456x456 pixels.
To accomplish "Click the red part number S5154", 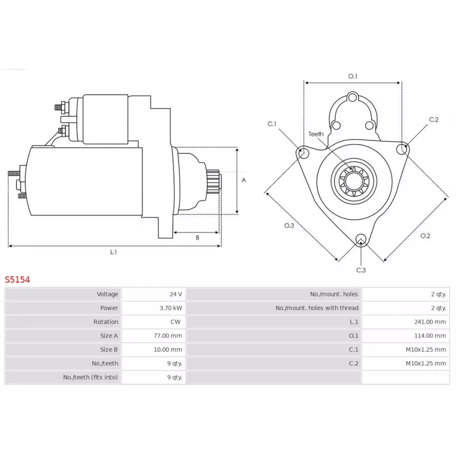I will pyautogui.click(x=18, y=280).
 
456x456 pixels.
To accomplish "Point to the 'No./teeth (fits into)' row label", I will pyautogui.click(x=91, y=377).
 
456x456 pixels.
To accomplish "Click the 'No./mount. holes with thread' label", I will pyautogui.click(x=317, y=308).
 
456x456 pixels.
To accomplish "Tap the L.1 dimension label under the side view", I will pyautogui.click(x=113, y=251).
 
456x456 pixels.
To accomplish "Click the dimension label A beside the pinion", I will pyautogui.click(x=243, y=180).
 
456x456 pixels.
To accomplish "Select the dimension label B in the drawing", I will pyautogui.click(x=197, y=238).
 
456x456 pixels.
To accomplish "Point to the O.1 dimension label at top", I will pyautogui.click(x=352, y=76).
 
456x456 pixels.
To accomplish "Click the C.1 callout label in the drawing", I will pyautogui.click(x=272, y=123).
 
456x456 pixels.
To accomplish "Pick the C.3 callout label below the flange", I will pyautogui.click(x=361, y=270).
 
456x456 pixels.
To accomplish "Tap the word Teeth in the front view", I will pyautogui.click(x=316, y=134).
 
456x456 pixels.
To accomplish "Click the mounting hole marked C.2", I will pyautogui.click(x=403, y=149).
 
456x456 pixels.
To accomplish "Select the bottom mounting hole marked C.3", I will pyautogui.click(x=360, y=239).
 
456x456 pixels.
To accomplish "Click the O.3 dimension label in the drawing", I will pyautogui.click(x=290, y=226).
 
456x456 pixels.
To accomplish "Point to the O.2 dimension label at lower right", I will pyautogui.click(x=425, y=235).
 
